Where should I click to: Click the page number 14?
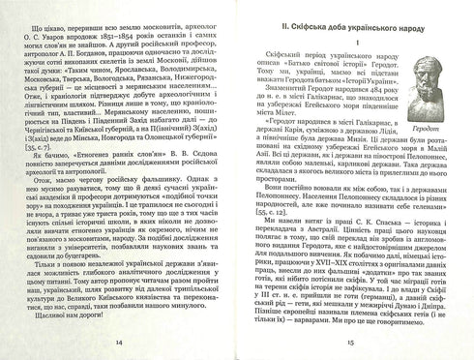[x=119, y=345]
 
